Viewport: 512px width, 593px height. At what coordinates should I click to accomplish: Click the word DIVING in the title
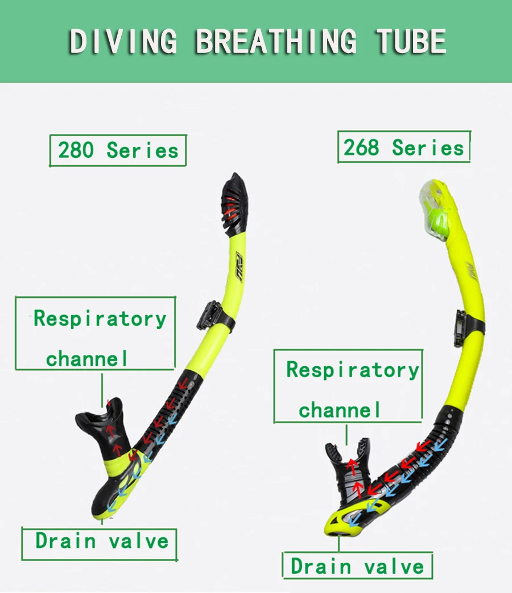click(123, 41)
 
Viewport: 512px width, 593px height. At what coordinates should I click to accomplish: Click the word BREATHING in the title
click(276, 41)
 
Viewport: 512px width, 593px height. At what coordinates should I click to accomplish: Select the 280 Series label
click(118, 150)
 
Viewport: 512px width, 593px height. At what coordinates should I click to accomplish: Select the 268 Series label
click(404, 147)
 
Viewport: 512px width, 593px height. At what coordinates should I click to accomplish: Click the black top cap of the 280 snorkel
click(234, 205)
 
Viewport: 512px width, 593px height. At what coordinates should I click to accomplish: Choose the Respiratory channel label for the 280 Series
click(96, 333)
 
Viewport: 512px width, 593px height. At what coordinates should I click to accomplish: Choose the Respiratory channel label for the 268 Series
click(348, 386)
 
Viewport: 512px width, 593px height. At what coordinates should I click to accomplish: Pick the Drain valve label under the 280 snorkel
click(100, 544)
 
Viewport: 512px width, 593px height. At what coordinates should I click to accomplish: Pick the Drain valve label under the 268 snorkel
click(357, 566)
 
